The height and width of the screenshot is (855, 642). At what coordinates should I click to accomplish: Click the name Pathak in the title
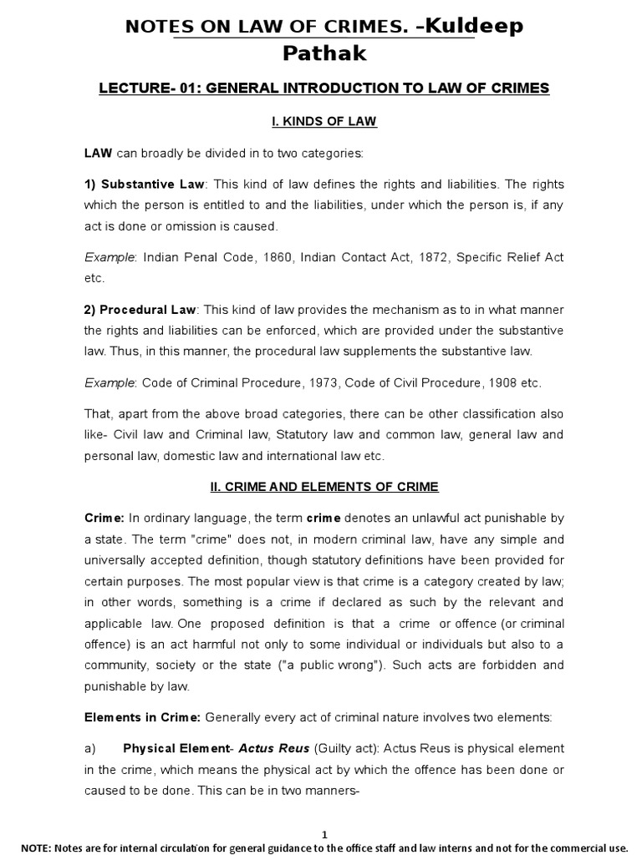coord(324,53)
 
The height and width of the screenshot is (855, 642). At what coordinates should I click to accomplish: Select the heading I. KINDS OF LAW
coord(324,122)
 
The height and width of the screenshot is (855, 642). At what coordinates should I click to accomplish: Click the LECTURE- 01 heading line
coord(324,89)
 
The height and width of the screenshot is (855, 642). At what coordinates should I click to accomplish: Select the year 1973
coord(292,383)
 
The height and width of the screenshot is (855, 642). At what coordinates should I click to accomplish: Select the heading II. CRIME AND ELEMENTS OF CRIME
coord(324,487)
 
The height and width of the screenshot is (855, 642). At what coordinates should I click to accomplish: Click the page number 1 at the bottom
coord(324,834)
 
